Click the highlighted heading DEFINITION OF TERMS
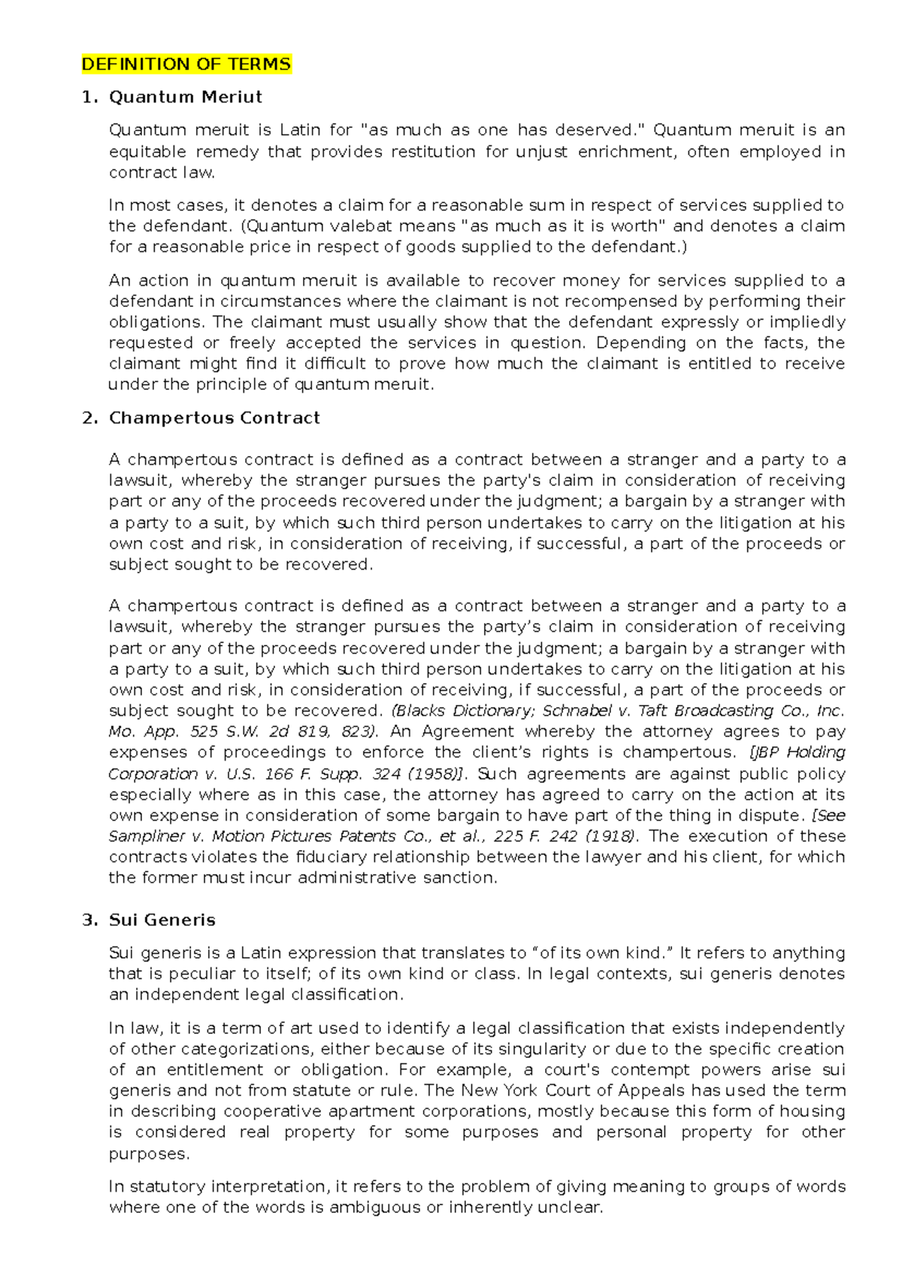pos(186,64)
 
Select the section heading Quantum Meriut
pos(185,97)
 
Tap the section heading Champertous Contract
pos(214,418)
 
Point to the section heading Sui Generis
pos(162,919)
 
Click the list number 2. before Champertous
pos(89,418)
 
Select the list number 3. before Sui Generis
pos(89,919)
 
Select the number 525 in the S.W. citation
pos(204,731)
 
